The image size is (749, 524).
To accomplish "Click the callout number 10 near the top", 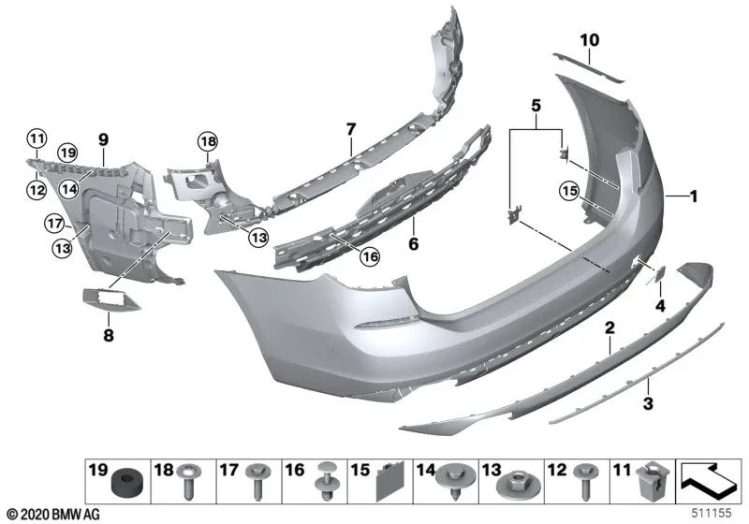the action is coord(590,40).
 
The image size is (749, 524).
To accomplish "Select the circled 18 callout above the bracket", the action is coord(208,141).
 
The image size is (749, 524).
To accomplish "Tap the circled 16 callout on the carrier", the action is coord(370,257).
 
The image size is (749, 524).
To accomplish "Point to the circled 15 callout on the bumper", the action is coord(569,192).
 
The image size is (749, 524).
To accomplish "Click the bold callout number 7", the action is coord(351,129).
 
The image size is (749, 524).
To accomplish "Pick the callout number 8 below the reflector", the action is coord(109,335).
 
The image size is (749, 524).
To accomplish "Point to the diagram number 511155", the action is coord(712,513).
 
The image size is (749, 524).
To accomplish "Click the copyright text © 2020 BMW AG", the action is coord(54,515).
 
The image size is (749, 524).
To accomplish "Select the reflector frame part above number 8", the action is coord(110,299).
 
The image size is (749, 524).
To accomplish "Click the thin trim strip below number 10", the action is coord(589,67).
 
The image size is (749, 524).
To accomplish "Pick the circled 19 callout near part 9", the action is coord(66,153).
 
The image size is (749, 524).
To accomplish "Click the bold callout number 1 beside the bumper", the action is coord(694,196).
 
